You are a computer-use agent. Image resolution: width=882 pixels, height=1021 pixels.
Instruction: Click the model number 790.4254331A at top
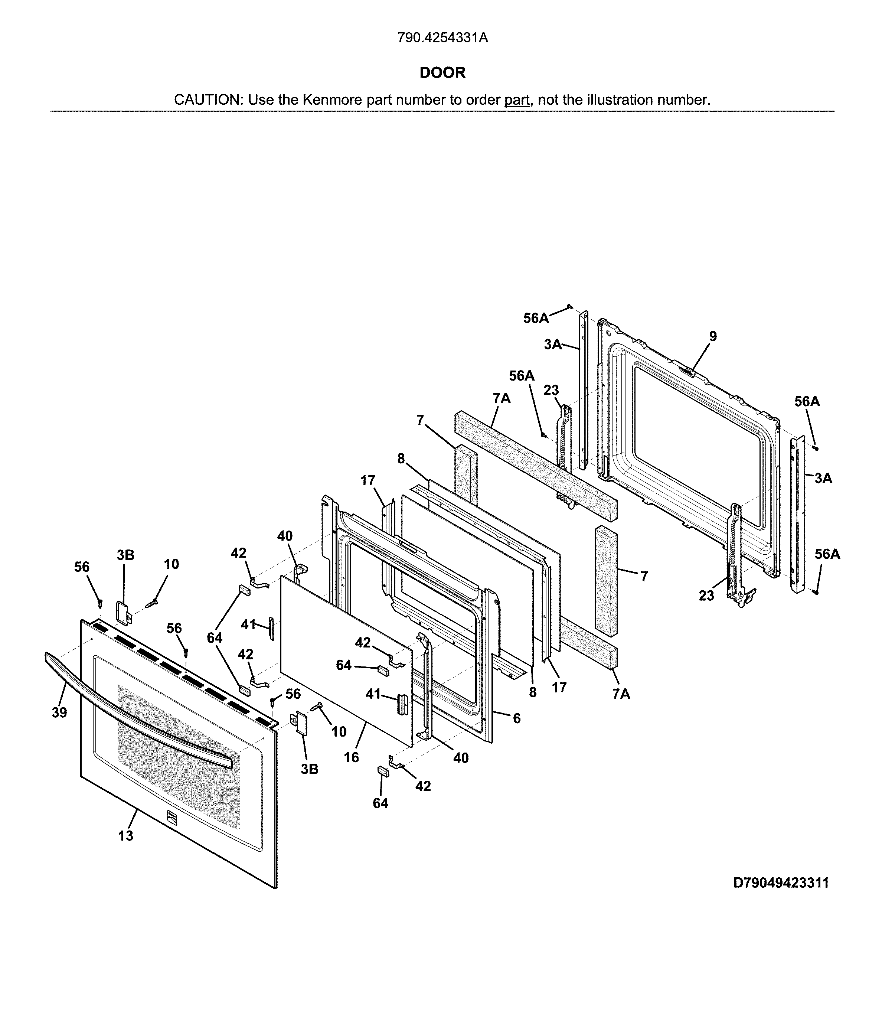[442, 38]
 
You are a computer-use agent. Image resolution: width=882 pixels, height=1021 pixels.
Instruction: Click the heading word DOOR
[442, 73]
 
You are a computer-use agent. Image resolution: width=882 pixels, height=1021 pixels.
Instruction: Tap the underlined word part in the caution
[516, 100]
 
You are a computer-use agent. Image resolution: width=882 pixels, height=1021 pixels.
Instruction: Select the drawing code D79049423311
[781, 883]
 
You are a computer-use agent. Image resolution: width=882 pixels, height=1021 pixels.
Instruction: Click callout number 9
[713, 336]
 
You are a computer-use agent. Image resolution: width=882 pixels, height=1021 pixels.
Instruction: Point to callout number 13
[125, 836]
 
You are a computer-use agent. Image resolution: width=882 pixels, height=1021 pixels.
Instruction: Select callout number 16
[351, 757]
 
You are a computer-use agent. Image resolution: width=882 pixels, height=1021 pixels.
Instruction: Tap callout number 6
[516, 718]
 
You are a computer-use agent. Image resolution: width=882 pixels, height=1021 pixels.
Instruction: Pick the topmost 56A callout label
[536, 318]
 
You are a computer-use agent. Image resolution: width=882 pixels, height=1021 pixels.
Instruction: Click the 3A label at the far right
[823, 478]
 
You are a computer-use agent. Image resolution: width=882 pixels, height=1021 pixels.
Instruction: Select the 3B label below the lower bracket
[310, 769]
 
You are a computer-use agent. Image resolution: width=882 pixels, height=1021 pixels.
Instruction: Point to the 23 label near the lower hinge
[706, 596]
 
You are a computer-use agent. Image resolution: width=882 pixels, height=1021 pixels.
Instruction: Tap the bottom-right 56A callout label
[827, 554]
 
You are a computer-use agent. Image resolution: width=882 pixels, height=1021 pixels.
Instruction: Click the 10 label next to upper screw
[171, 564]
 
